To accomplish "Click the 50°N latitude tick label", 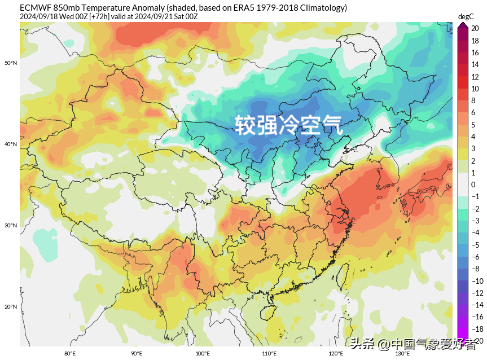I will [x=11, y=63].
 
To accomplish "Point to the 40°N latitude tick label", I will [x=11, y=144].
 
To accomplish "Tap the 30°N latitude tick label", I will [x=11, y=226].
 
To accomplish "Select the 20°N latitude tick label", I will [x=11, y=307].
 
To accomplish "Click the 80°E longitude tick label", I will [x=70, y=354].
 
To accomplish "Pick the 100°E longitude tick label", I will [x=203, y=354].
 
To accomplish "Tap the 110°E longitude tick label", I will [x=269, y=354].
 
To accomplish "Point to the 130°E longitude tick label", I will [x=402, y=354].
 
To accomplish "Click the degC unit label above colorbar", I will [x=466, y=16].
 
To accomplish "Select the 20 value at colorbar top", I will [x=475, y=28].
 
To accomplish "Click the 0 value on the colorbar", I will [x=473, y=185].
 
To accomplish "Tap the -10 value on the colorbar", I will [x=477, y=281].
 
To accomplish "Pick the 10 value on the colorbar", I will [x=475, y=89].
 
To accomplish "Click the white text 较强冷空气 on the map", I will [x=288, y=125].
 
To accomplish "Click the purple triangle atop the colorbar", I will [x=462, y=25].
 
